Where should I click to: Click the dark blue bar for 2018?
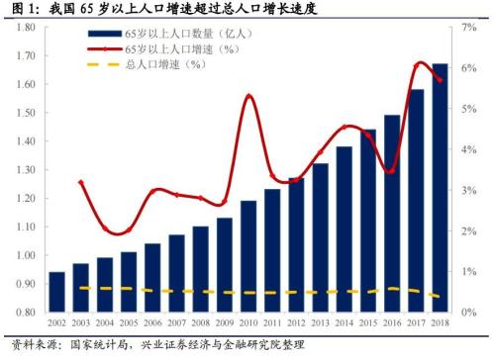click(440, 188)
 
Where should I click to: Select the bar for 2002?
click(57, 292)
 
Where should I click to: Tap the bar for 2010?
click(247, 256)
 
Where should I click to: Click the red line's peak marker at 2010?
click(248, 96)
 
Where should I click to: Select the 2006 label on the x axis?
click(151, 324)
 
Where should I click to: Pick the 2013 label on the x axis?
click(320, 324)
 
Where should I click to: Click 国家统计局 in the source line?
click(97, 346)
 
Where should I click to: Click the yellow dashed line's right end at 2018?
click(440, 297)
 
